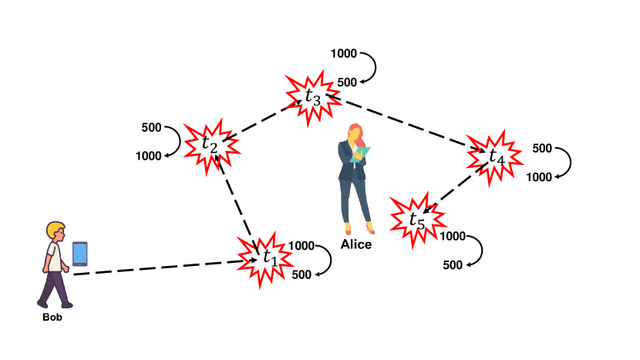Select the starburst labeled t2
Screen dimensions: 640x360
click(209, 143)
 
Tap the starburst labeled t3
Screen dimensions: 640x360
click(312, 97)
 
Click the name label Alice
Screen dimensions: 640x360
click(356, 245)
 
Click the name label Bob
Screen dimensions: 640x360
click(52, 317)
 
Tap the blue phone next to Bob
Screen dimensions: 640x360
click(80, 254)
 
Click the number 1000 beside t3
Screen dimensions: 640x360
click(343, 54)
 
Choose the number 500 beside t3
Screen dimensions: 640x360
click(347, 82)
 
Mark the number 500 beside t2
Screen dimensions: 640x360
click(151, 128)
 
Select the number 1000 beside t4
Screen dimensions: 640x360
click(540, 177)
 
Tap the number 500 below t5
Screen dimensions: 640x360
click(453, 265)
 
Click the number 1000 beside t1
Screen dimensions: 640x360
click(301, 246)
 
